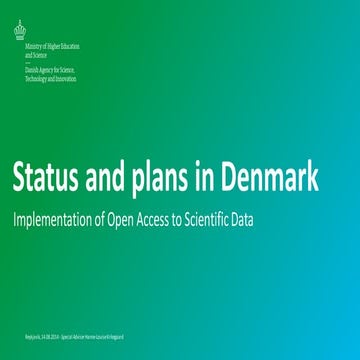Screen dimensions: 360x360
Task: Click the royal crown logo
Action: coord(20,31)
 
